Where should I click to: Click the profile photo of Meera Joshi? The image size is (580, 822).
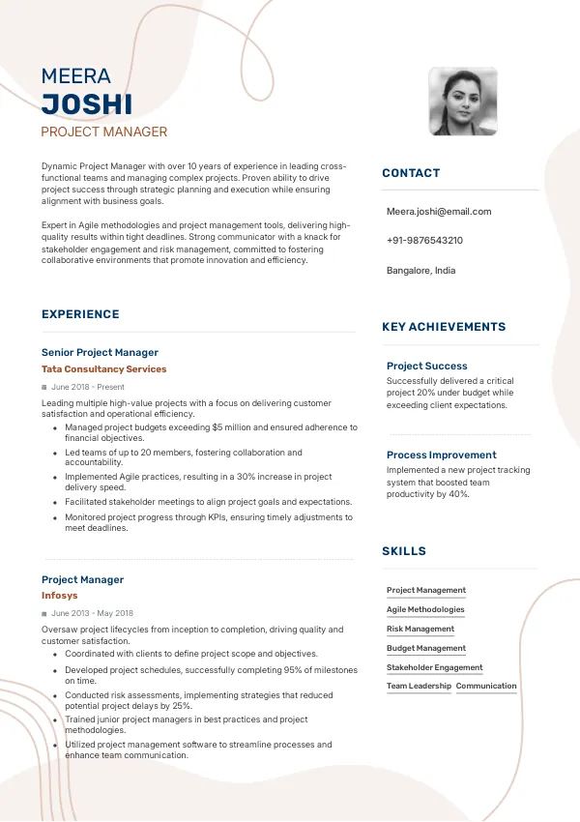(463, 102)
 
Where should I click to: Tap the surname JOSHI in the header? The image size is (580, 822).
(87, 104)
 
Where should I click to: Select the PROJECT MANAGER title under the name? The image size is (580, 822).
(104, 132)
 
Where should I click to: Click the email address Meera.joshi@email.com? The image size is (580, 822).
(439, 211)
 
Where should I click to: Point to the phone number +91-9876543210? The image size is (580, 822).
(424, 241)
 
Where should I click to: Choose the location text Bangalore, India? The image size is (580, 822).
(420, 271)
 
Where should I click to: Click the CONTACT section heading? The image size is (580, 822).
(411, 173)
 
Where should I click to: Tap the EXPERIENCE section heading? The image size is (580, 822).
(80, 314)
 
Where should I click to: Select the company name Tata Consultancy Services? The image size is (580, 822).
(104, 369)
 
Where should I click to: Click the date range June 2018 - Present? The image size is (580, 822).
(88, 387)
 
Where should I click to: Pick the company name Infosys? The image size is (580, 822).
(60, 596)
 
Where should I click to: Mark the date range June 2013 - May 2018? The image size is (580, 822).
(92, 613)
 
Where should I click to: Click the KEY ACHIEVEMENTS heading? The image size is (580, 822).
(444, 327)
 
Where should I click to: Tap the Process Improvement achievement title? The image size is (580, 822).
(442, 455)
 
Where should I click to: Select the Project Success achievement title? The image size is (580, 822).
(427, 366)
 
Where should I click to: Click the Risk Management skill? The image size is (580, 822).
(420, 629)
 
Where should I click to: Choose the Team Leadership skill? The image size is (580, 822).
(419, 686)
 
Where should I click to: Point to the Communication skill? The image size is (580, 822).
(486, 686)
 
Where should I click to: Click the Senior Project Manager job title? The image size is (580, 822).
(100, 353)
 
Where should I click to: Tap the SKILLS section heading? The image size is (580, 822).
(404, 551)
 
